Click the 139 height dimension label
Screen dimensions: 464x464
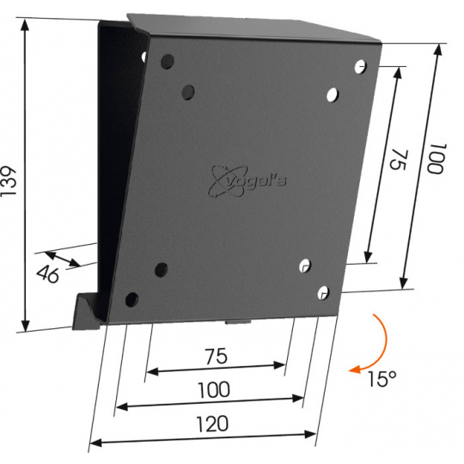coord(8,180)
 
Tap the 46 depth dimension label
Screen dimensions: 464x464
coord(48,274)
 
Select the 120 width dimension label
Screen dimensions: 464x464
coord(212,424)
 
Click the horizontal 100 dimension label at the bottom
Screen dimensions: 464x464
coord(214,390)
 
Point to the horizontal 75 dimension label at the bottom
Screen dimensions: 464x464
coord(217,356)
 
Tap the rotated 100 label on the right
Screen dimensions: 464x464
coord(437,159)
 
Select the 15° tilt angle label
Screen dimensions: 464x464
coord(382,379)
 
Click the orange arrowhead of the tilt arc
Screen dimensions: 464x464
coord(355,369)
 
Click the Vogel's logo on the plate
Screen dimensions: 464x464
coord(247,180)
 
